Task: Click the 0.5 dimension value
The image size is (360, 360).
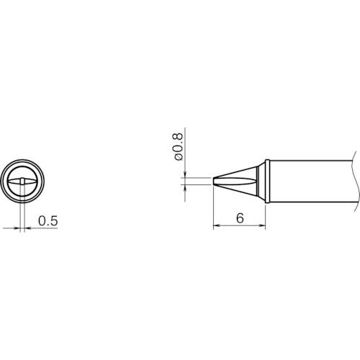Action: click(x=48, y=220)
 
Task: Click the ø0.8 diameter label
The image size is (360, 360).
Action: click(x=179, y=147)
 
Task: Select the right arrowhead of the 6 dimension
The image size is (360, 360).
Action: click(x=263, y=226)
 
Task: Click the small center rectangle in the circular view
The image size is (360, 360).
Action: click(x=23, y=179)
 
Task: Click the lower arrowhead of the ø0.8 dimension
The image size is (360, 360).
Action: click(x=185, y=186)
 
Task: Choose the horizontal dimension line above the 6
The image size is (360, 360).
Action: click(x=240, y=226)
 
